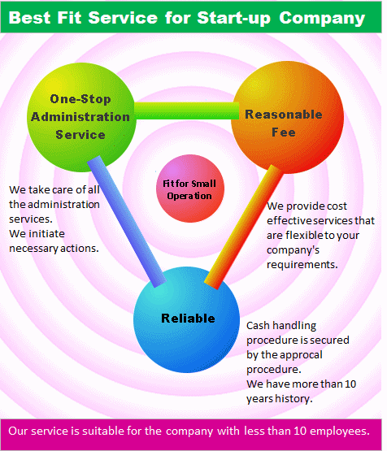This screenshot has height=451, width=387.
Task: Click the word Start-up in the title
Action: (234, 19)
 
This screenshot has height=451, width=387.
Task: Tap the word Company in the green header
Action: (322, 19)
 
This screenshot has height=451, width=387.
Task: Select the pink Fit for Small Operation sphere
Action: (190, 189)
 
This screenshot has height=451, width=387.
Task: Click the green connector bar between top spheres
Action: (187, 111)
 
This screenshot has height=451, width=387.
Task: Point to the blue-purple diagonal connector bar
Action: (127, 222)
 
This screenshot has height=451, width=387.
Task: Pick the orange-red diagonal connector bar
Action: (244, 227)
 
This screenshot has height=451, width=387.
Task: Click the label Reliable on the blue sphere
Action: (188, 319)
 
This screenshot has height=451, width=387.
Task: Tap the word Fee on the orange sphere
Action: (284, 132)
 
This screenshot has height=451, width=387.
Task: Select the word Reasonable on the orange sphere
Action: (284, 115)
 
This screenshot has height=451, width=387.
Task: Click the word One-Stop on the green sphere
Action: (80, 99)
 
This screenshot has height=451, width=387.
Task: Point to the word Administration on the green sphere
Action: (80, 117)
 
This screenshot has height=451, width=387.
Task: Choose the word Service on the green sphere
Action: (80, 135)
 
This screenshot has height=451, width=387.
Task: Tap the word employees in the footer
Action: (340, 431)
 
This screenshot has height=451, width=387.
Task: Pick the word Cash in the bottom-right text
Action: (259, 326)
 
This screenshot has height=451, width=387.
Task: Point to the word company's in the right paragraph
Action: (293, 250)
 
